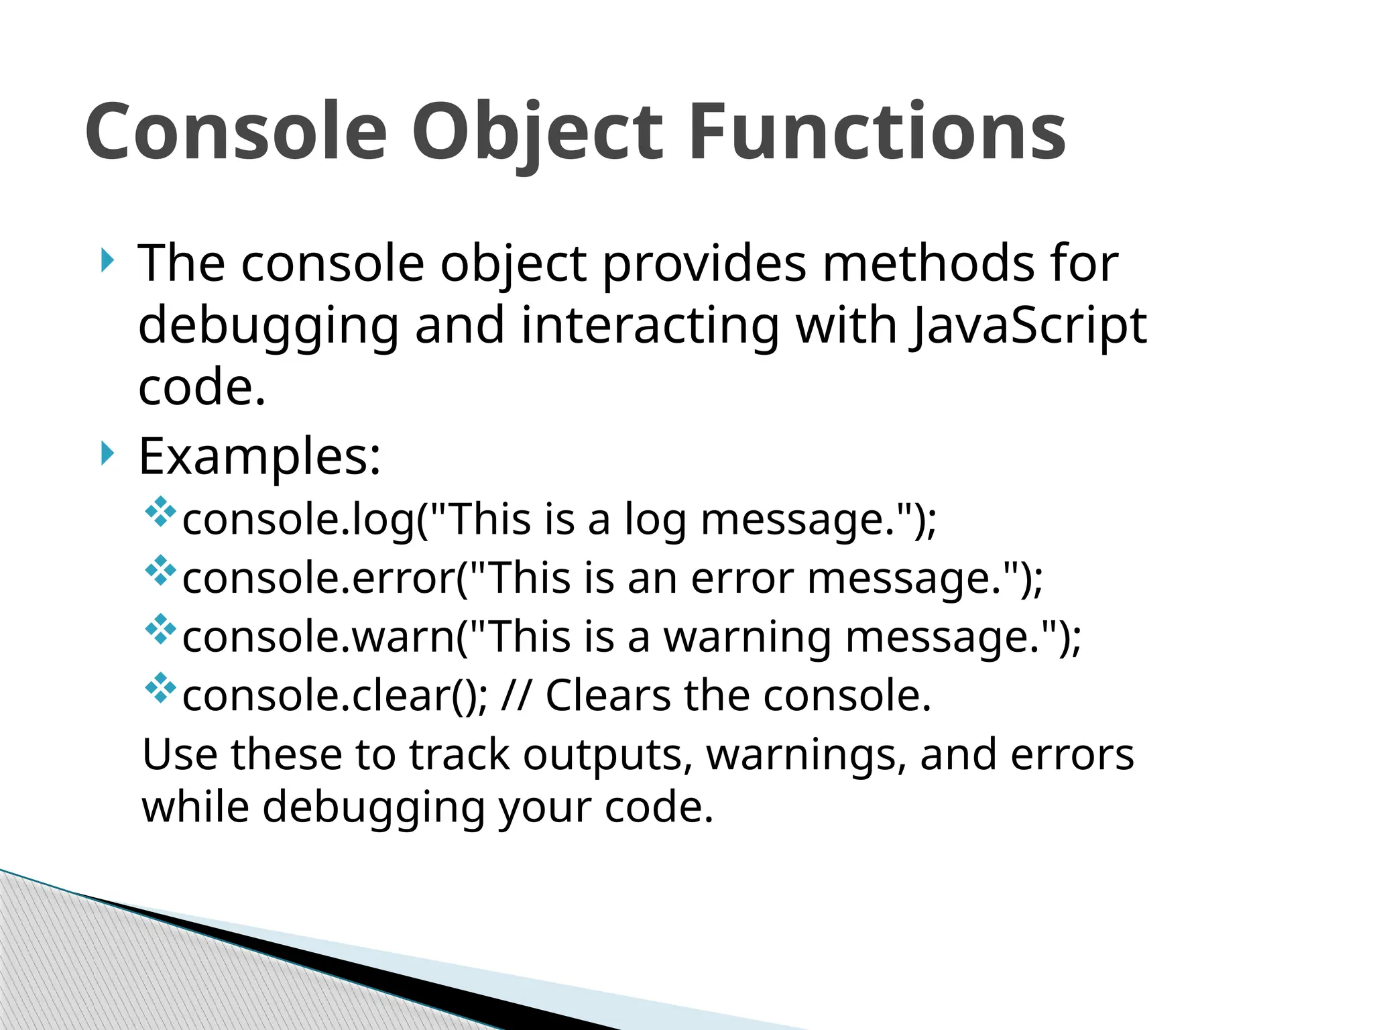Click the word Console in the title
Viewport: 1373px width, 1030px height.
click(x=236, y=132)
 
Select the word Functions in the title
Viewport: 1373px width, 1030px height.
click(x=877, y=132)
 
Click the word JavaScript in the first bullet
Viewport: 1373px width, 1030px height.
click(x=1028, y=326)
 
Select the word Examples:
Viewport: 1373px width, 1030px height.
click(x=259, y=457)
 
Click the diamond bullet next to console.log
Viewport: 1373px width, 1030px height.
click(x=160, y=512)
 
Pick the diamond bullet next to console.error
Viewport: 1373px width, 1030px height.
click(x=160, y=570)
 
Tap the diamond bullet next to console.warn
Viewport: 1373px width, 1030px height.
click(x=160, y=629)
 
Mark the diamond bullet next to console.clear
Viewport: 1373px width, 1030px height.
click(x=160, y=687)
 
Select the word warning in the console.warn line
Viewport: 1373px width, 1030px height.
click(x=748, y=637)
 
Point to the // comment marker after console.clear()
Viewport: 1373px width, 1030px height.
click(x=516, y=695)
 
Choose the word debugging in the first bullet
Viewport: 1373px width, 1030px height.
click(x=268, y=326)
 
